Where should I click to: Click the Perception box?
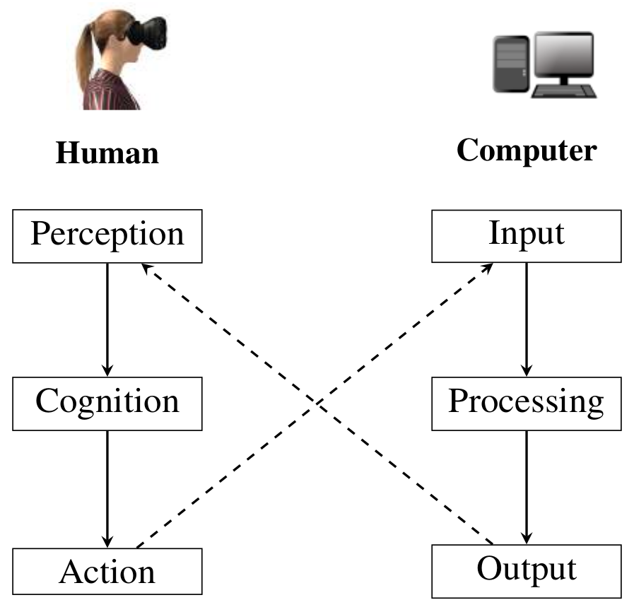107,235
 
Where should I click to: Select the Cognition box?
107,403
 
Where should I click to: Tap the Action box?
107,571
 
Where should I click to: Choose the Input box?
527,235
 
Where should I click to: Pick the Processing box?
527,403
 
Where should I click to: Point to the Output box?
527,570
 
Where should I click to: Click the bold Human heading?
107,153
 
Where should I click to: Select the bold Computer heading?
527,151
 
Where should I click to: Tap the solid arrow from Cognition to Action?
107,488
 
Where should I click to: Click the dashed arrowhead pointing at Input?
488,269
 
